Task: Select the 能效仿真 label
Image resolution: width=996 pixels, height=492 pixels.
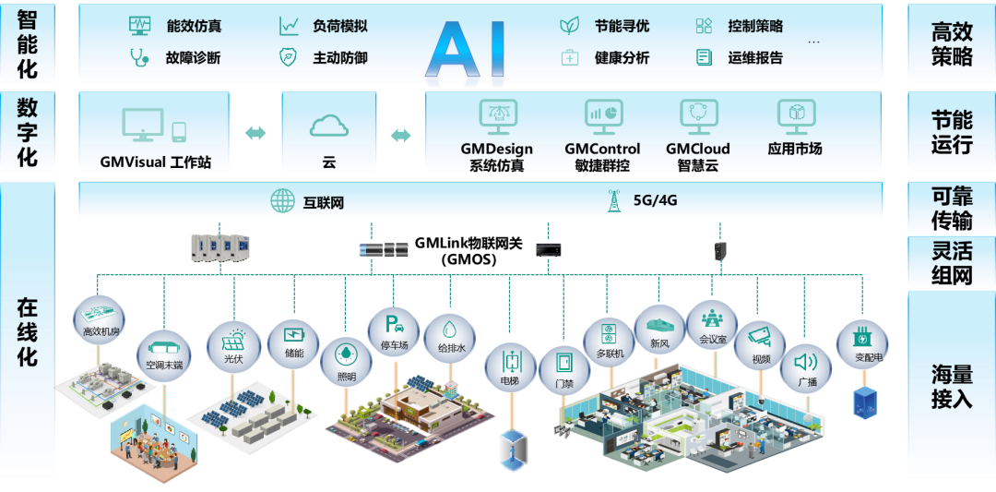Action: (x=194, y=26)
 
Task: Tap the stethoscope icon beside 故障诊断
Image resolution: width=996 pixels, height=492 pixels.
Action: (x=139, y=58)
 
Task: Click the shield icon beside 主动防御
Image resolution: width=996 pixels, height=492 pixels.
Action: (x=289, y=58)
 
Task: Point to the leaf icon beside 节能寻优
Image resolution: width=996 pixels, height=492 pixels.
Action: (x=569, y=26)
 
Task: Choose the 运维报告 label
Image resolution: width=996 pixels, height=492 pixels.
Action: (x=755, y=58)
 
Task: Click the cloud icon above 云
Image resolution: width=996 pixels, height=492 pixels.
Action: (x=328, y=126)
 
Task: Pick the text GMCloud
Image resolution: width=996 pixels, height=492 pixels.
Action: (x=697, y=150)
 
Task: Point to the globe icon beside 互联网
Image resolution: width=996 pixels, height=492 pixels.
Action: (x=283, y=201)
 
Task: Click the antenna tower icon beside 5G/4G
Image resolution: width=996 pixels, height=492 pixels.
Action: (x=614, y=201)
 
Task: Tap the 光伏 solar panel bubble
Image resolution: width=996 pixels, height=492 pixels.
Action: (x=234, y=347)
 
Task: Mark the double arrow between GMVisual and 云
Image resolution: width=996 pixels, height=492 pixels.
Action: (x=255, y=133)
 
